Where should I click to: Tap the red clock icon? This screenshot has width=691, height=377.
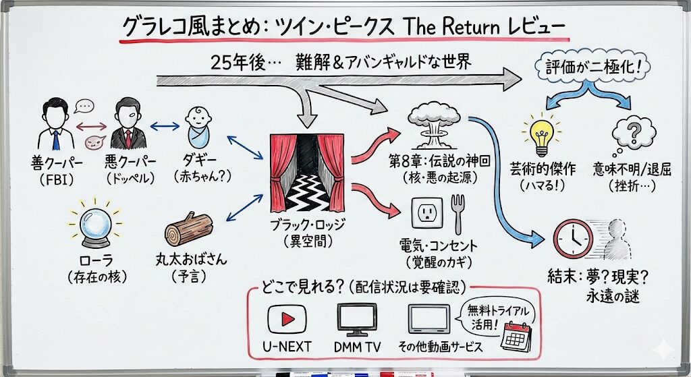pos(573,237)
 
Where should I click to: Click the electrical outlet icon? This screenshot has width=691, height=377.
pos(427,214)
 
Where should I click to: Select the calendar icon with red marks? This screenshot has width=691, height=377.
pos(516,335)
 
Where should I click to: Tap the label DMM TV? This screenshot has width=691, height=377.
pos(358,347)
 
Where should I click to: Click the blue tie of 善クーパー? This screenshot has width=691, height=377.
pos(56,138)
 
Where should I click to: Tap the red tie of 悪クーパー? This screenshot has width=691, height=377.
pos(127,138)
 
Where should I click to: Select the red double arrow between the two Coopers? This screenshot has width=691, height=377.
pos(90,125)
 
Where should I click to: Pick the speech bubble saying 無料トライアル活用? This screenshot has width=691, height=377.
pos(491,314)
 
